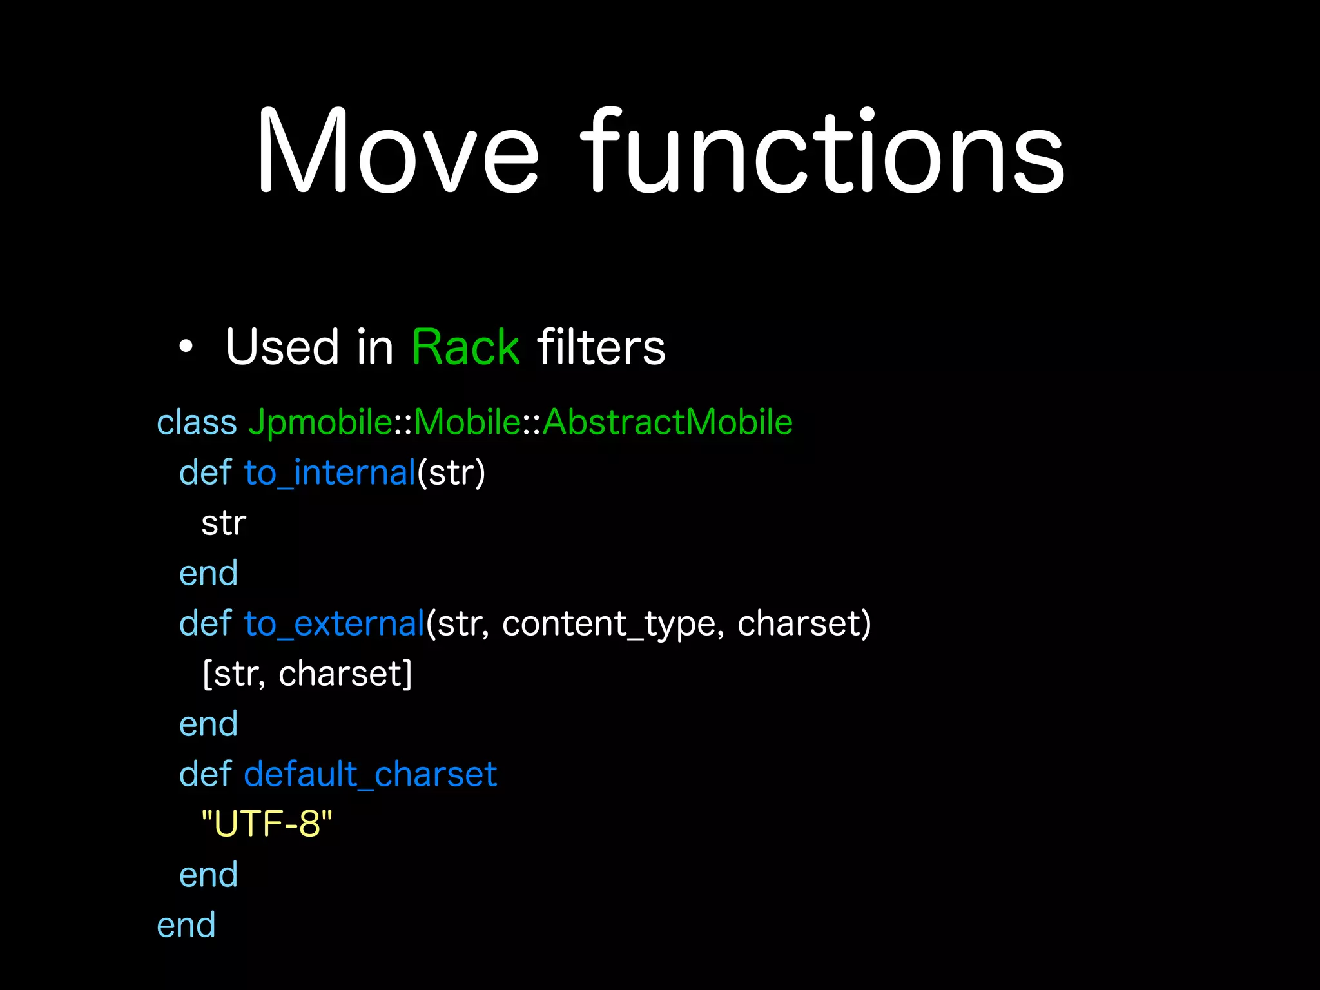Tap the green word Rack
click(465, 347)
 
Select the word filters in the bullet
click(601, 347)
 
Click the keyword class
click(197, 423)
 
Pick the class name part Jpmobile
click(320, 423)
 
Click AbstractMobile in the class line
click(667, 423)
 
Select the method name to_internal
click(330, 473)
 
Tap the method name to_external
click(334, 624)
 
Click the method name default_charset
click(370, 774)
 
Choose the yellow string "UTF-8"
click(267, 824)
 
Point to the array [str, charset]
click(307, 674)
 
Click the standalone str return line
click(224, 523)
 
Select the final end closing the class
click(186, 926)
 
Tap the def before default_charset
click(205, 774)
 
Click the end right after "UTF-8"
click(208, 875)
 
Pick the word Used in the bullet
click(282, 347)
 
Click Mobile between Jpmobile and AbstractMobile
click(467, 423)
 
